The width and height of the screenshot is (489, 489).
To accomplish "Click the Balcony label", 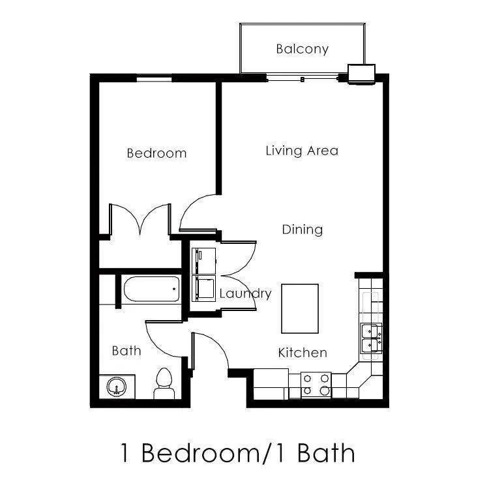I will click(x=302, y=49).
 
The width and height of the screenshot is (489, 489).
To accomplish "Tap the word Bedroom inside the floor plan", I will click(x=156, y=153).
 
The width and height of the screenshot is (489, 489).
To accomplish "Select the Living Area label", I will click(x=302, y=151).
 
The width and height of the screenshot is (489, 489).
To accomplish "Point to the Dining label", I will click(x=302, y=230).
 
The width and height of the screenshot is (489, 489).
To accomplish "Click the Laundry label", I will click(x=245, y=293).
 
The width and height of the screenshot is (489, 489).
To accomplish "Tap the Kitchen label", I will click(x=303, y=353).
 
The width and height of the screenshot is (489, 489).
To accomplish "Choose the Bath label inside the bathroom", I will click(x=126, y=351).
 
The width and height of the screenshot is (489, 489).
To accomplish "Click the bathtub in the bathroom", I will click(x=151, y=288).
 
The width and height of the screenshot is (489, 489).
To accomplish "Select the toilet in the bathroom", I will click(x=163, y=383).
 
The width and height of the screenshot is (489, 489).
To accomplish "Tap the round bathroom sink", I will click(x=117, y=387).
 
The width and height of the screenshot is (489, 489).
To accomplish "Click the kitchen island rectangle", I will click(x=300, y=308).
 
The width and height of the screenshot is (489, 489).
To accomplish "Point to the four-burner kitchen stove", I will click(x=316, y=385).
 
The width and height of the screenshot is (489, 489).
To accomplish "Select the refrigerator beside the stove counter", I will click(x=271, y=383).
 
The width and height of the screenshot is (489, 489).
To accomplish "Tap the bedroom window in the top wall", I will click(x=155, y=79).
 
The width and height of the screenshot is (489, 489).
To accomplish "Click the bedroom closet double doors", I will click(x=140, y=220).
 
